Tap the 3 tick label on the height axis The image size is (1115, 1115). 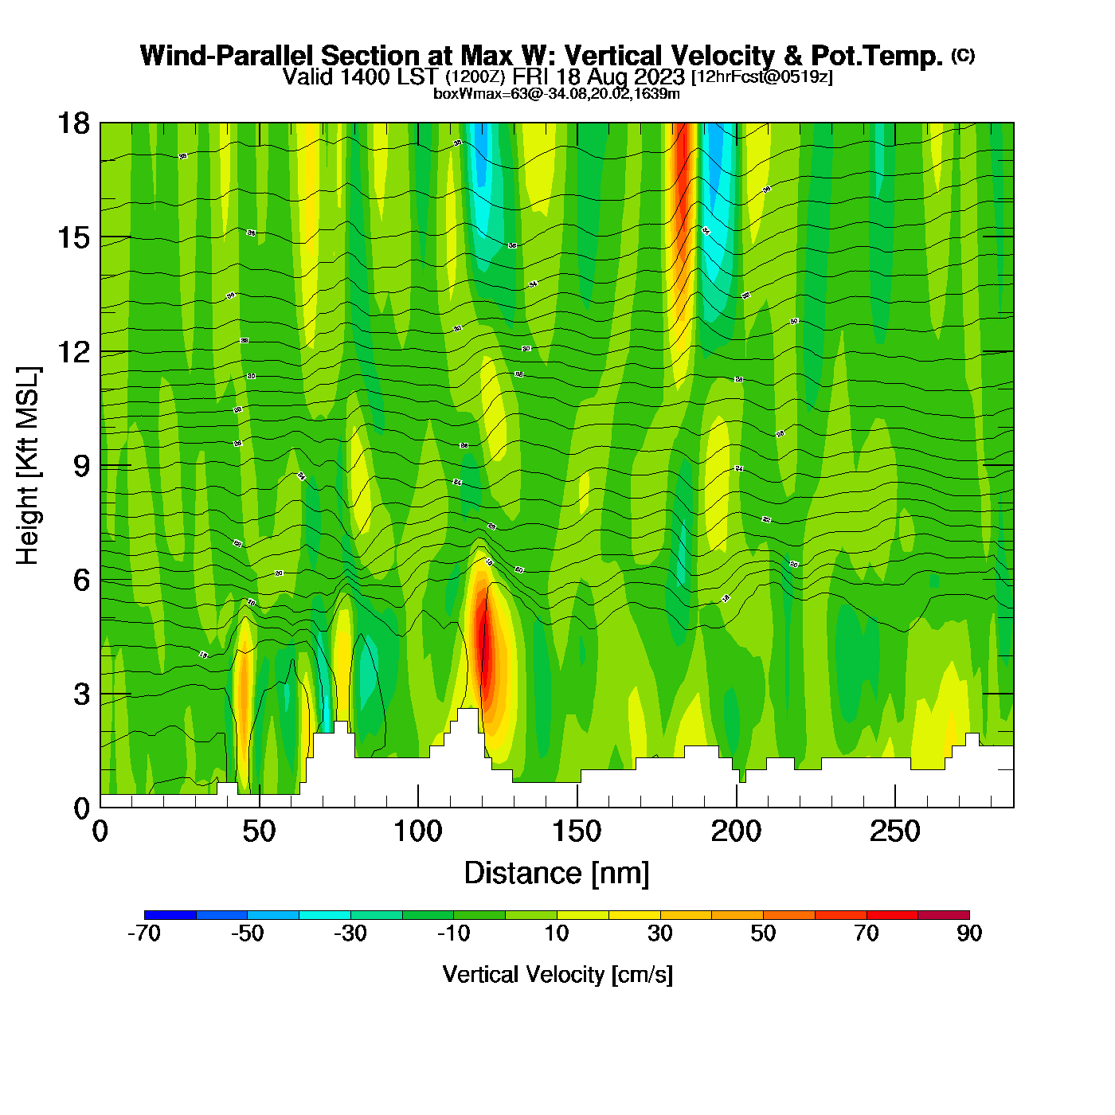(81, 694)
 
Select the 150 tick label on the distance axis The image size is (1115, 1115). (577, 832)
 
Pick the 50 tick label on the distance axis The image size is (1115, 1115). (259, 832)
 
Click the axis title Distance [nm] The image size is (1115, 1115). (557, 874)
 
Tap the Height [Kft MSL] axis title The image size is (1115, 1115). (28, 466)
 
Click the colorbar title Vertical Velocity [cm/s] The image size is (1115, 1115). (557, 974)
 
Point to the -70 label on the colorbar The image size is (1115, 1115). (144, 933)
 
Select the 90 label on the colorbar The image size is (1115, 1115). (969, 933)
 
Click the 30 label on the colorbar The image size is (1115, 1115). (659, 933)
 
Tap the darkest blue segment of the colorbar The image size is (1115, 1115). (170, 914)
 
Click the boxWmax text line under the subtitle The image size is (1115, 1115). (557, 94)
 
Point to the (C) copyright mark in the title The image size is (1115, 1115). (963, 55)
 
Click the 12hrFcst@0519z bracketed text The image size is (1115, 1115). (762, 77)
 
